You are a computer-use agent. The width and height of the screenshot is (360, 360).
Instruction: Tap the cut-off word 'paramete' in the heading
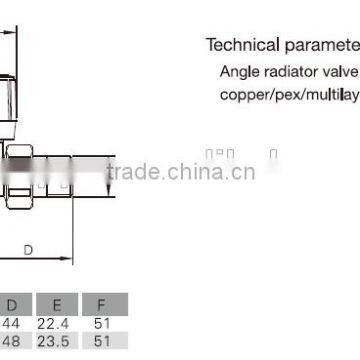tap(318, 46)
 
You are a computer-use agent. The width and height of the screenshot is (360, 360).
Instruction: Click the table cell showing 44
tap(13, 325)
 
